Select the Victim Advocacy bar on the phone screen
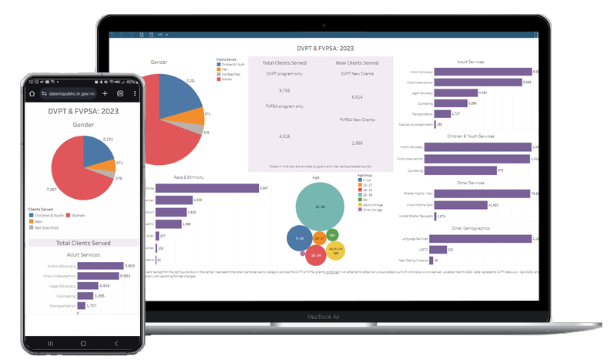tap(106, 266)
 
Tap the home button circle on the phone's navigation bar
tap(83, 342)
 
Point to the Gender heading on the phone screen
tap(83, 123)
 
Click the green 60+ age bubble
tap(332, 234)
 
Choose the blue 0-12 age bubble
tap(299, 239)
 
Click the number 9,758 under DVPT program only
tap(284, 90)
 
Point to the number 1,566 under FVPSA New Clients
tap(357, 143)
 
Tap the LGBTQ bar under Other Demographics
tap(439, 250)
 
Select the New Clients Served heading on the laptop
tap(357, 62)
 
